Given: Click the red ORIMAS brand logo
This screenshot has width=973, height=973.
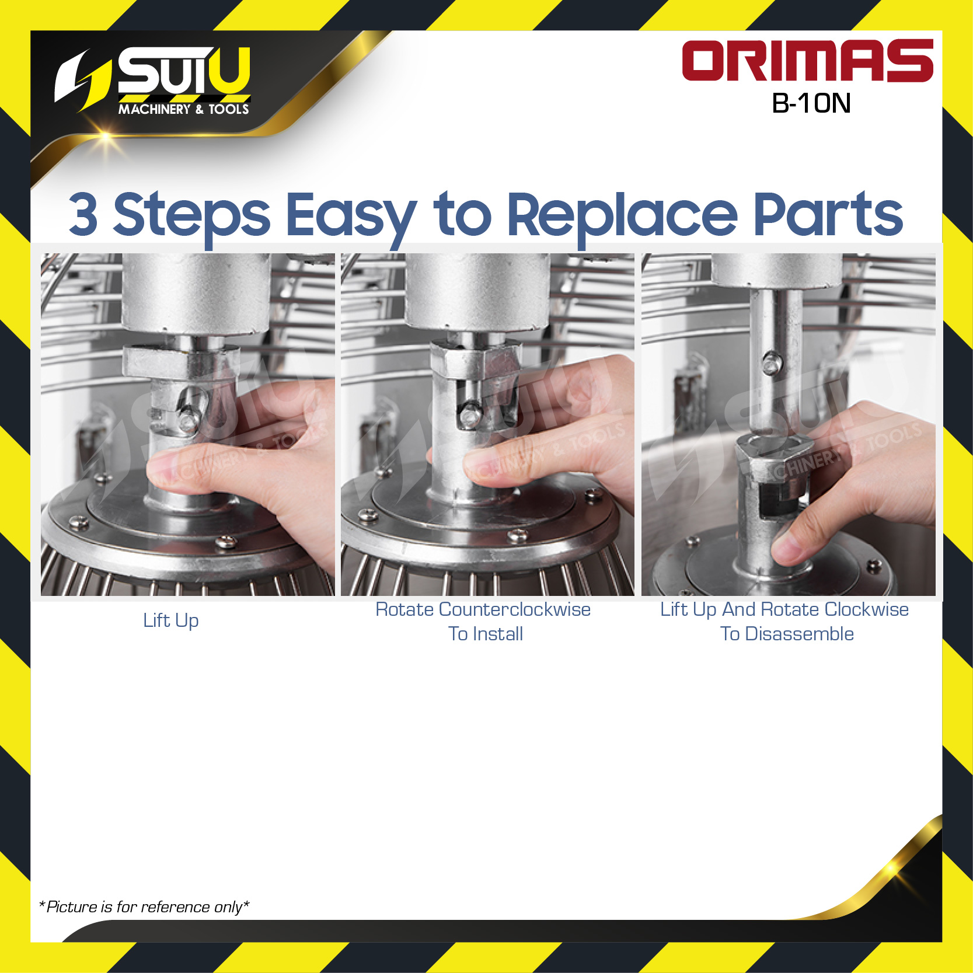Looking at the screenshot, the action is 807,61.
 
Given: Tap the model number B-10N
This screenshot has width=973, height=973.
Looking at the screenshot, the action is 811,103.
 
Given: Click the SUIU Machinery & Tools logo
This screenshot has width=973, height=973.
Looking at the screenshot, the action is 154,81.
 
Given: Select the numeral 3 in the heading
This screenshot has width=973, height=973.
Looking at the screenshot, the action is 83,215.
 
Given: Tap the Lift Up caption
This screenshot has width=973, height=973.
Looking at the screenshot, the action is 171,621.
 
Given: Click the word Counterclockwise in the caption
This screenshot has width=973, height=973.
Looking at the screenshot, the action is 515,609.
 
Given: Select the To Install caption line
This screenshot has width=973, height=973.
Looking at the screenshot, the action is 486,634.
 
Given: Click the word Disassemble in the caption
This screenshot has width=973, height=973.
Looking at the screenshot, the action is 800,634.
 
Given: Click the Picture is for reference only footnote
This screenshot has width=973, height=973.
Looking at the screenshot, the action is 144,907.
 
